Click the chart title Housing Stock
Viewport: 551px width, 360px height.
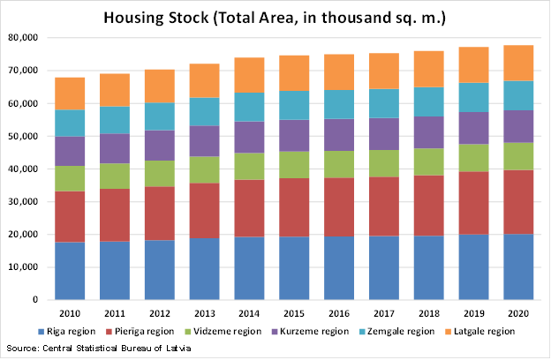click(x=275, y=17)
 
